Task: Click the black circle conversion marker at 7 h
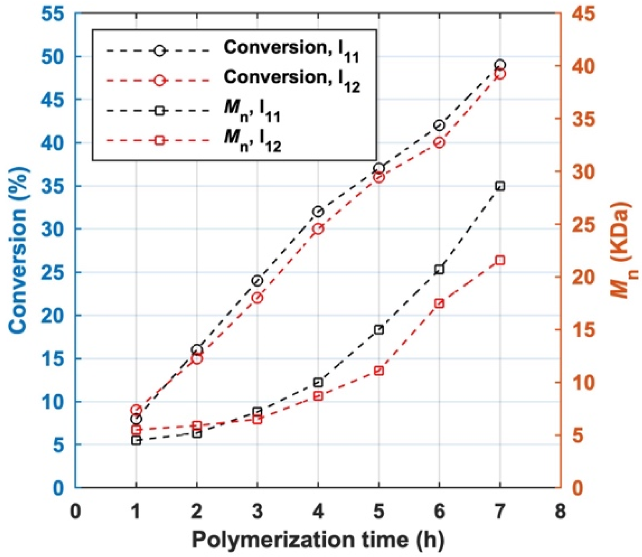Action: coord(500,65)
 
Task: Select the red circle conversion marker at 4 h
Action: coord(318,229)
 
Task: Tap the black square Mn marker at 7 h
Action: coord(500,186)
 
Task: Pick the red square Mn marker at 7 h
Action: coord(500,260)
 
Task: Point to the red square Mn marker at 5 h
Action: coord(379,371)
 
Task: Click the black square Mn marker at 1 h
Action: coord(136,440)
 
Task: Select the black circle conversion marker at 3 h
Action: coord(257,281)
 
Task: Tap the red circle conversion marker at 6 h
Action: coord(440,142)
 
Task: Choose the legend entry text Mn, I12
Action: coord(252,139)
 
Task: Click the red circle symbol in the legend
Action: coord(159,80)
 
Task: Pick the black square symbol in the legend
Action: coord(159,111)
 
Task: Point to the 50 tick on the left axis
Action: coord(53,57)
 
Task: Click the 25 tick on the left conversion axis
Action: coord(53,272)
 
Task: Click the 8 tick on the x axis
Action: coord(560,511)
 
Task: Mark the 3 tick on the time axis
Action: coord(257,511)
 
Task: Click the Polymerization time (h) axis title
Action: coord(318,540)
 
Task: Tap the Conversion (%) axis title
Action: coord(17,250)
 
